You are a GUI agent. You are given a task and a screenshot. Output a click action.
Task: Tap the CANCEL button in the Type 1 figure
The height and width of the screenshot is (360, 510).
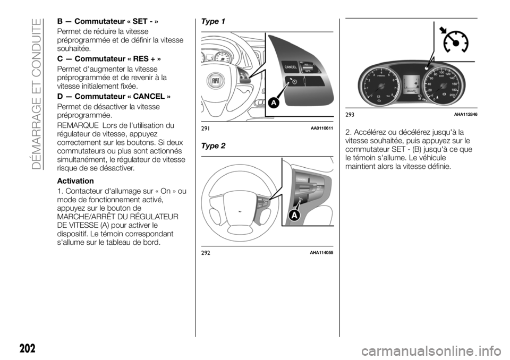(290, 67)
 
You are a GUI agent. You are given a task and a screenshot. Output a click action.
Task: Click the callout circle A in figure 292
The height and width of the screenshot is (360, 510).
(293, 215)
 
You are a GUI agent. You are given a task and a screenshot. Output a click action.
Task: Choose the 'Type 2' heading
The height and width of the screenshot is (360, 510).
(214, 145)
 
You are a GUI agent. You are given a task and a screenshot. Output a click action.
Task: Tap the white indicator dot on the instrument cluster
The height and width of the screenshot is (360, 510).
(426, 68)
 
